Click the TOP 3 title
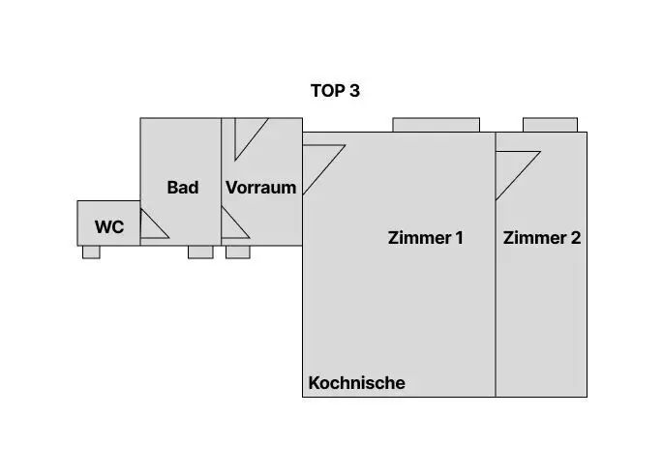pos(335,91)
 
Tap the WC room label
pos(109,227)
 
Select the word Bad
pos(183,188)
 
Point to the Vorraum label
pos(261,188)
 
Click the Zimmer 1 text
pos(425,238)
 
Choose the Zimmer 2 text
pos(542,238)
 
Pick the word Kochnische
pos(357,383)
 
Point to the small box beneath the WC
pos(91,252)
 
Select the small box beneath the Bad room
pos(200,252)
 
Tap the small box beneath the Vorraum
pos(238,252)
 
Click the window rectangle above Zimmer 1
pos(436,125)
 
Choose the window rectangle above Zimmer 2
pos(550,125)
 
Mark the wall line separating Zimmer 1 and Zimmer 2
pos(496,264)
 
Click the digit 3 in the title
pos(355,91)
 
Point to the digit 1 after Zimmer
pos(459,238)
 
